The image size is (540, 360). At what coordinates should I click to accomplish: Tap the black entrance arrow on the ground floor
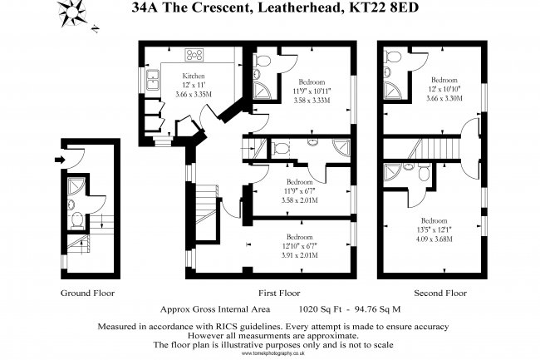tap(59, 160)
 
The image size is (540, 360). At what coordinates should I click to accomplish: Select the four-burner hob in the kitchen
tap(195, 56)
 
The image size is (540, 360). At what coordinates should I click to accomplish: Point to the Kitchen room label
tap(194, 76)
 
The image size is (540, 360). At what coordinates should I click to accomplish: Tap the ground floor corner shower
tap(76, 185)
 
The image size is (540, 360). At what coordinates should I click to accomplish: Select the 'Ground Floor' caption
tap(87, 293)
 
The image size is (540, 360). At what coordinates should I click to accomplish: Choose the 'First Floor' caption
tap(278, 293)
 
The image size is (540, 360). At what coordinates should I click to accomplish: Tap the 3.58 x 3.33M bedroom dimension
tap(312, 101)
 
